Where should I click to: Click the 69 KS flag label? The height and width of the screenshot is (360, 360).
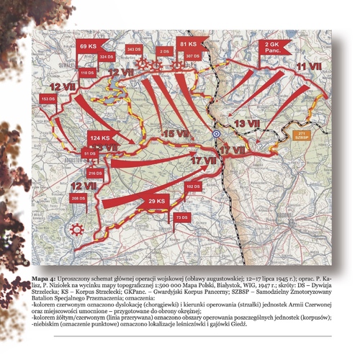tap(88, 46)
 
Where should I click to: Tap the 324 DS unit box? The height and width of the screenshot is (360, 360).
tap(107, 56)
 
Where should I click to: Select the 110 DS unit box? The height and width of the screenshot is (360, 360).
tap(87, 73)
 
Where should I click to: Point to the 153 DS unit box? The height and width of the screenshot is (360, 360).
tap(48, 98)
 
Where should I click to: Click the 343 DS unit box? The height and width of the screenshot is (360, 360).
tap(134, 48)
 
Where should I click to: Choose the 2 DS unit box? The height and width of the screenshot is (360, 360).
tap(165, 52)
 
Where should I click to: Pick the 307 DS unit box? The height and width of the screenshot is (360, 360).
tap(192, 55)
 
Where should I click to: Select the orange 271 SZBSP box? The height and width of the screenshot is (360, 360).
tap(302, 135)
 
